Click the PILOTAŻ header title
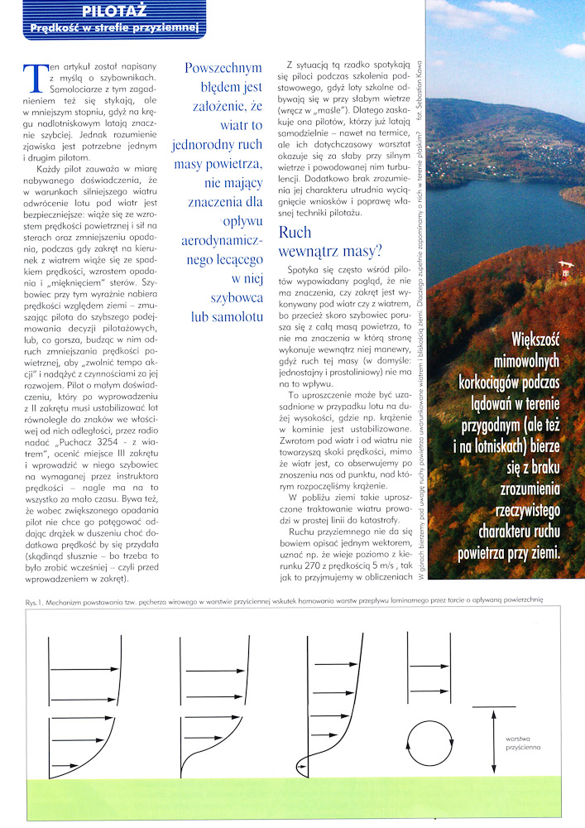pos(115,11)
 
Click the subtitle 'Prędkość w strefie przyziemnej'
pos(115,28)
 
